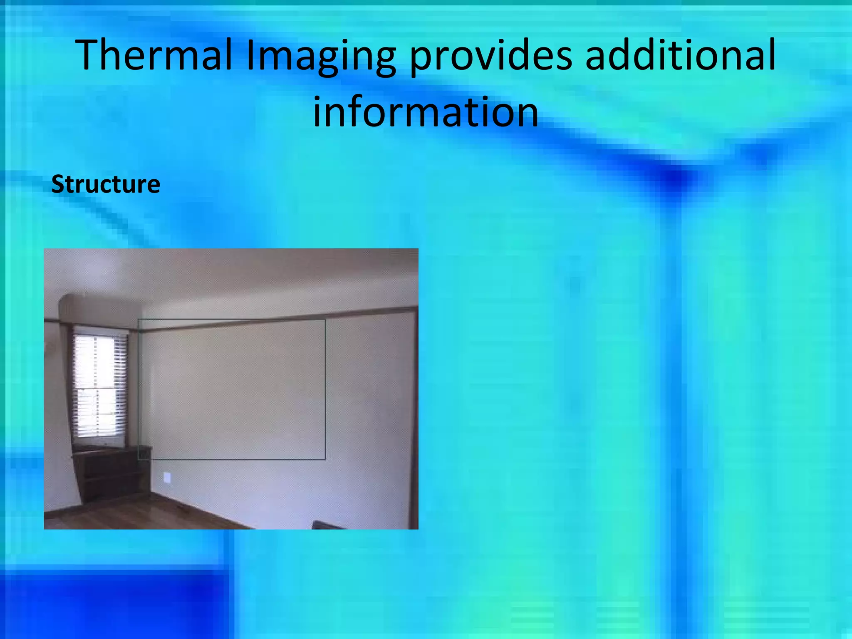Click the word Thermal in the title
(154, 55)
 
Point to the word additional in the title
(681, 55)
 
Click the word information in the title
(425, 111)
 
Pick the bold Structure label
(106, 184)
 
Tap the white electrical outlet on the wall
(167, 477)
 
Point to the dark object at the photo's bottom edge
(329, 525)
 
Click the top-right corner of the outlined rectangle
(325, 319)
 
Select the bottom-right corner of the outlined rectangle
(325, 459)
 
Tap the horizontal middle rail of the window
(99, 388)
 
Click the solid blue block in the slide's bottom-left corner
(112, 603)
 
